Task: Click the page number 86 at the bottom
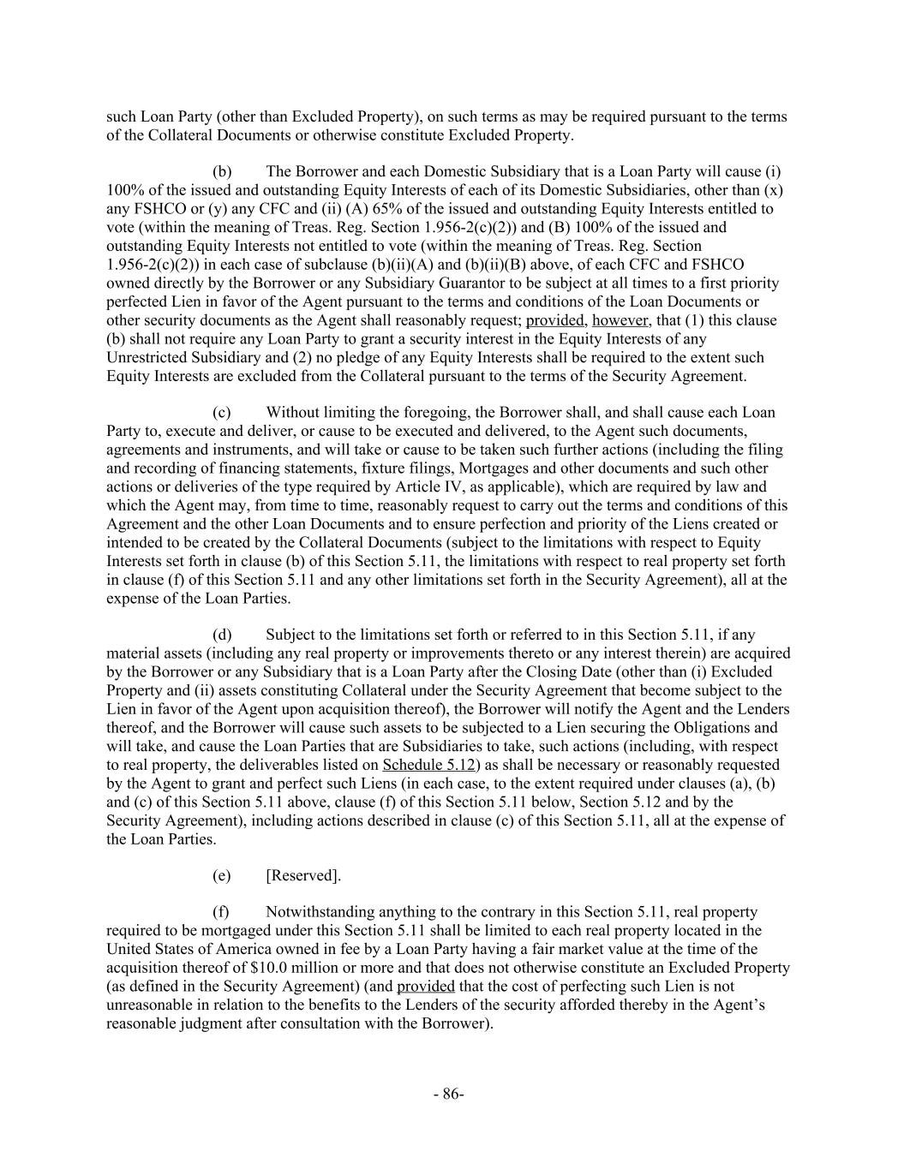click(448, 1094)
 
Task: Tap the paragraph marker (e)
click(222, 875)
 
